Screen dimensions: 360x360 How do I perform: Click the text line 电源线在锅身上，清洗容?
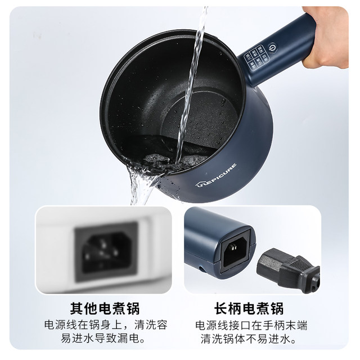pyautogui.click(x=105, y=325)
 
